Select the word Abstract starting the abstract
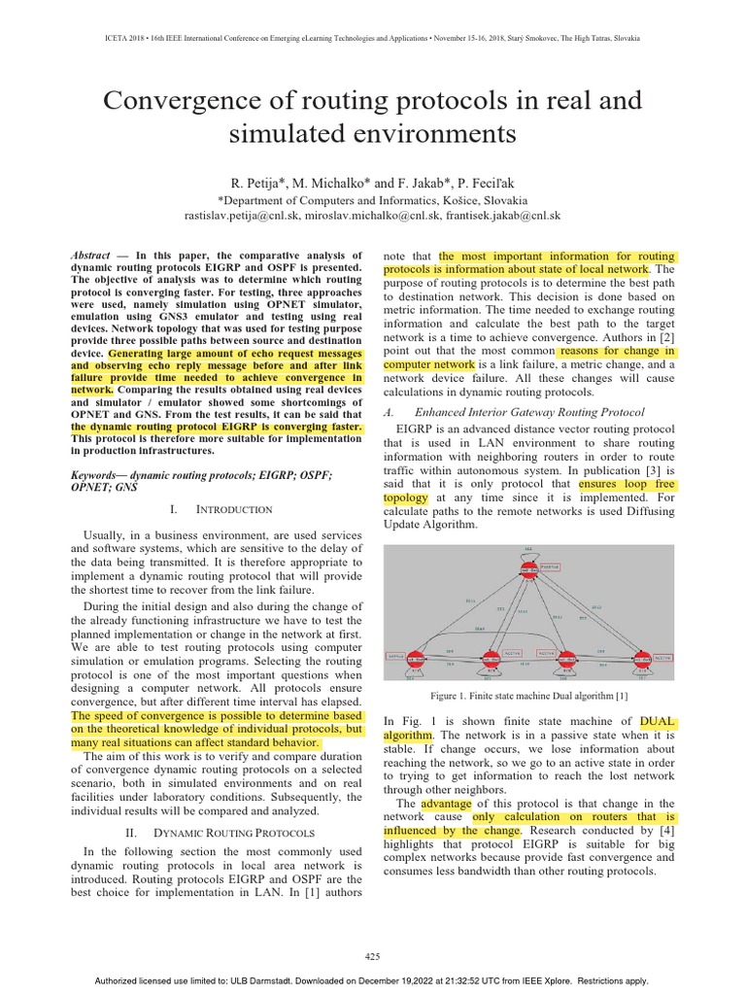[x=91, y=255]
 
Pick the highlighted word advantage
[x=446, y=804]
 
